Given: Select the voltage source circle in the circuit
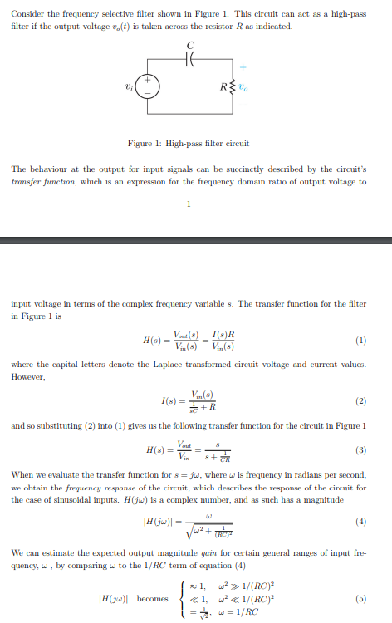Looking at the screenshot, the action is point(148,86).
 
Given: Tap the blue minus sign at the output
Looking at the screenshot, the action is point(243,106).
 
